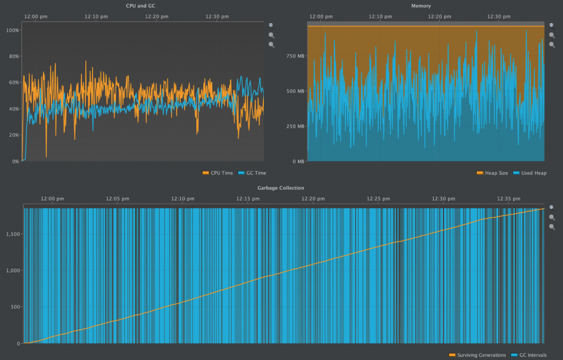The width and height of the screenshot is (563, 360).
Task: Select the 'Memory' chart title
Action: (421, 5)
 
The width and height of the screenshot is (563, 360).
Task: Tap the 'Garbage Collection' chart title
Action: (281, 188)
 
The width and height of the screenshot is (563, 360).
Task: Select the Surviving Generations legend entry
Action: (481, 355)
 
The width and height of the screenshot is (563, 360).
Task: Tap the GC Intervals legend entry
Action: (532, 355)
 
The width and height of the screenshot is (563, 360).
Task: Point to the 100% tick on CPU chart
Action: (12, 30)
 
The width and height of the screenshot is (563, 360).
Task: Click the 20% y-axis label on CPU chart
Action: (13, 135)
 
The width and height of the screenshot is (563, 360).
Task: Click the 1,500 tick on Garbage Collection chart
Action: (12, 234)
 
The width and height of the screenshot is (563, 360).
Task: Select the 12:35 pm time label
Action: (509, 198)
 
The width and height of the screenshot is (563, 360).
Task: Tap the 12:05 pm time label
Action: (117, 198)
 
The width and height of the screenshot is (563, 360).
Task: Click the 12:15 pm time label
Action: (248, 198)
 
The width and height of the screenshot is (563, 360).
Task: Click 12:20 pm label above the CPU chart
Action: (157, 16)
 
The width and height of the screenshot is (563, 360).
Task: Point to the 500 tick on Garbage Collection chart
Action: (14, 307)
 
